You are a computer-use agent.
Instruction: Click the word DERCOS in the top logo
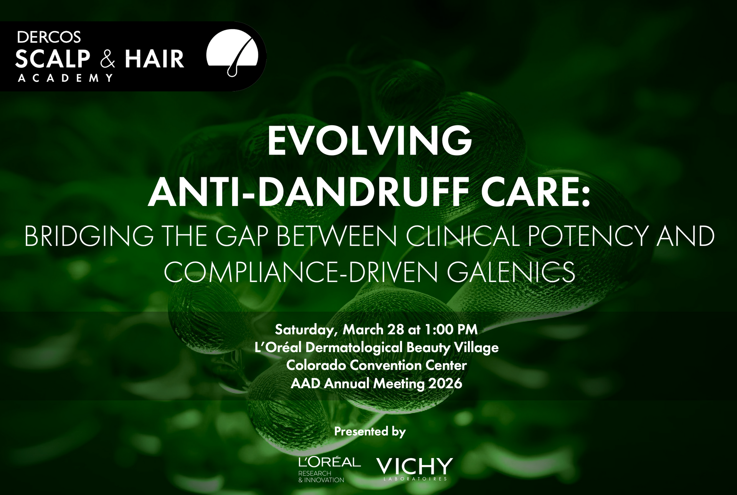49,37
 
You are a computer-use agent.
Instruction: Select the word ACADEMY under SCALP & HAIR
65,78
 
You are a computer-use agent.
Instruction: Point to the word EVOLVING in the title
369,141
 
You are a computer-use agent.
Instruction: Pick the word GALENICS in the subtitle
511,271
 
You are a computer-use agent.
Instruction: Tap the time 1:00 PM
451,330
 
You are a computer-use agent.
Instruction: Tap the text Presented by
370,432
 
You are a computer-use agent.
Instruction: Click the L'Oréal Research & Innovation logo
329,470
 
